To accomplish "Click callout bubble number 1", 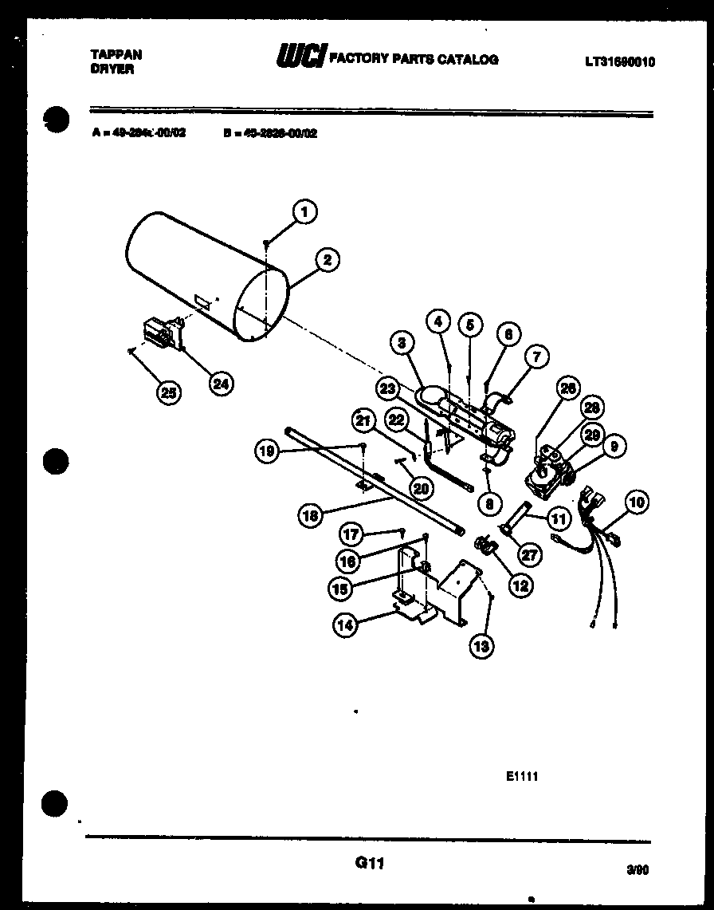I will pos(303,211).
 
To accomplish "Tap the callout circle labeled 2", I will pos(327,258).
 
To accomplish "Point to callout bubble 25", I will pos(168,391).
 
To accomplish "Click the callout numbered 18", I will pos(311,515).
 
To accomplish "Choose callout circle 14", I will pos(344,625).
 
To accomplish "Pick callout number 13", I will pos(481,645).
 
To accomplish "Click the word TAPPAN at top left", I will pos(116,54).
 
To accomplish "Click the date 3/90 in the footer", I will pos(638,872).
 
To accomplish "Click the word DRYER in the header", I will pos(112,69).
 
